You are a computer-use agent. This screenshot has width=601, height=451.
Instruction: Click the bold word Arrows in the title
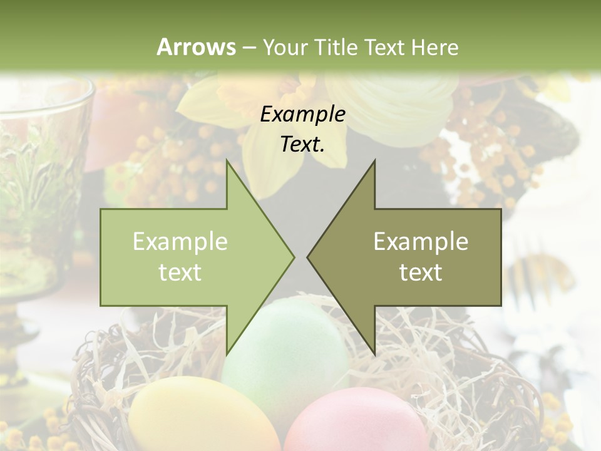pos(197,47)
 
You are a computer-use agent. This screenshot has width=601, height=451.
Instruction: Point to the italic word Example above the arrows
pos(302,115)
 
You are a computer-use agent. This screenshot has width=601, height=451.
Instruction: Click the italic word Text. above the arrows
pos(302,145)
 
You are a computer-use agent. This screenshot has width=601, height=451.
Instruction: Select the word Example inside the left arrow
pos(180,242)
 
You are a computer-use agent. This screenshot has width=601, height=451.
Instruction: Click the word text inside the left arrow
pos(180,272)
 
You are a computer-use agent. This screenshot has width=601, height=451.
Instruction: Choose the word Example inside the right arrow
pos(421,242)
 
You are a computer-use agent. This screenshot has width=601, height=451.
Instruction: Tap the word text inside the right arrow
pos(421,272)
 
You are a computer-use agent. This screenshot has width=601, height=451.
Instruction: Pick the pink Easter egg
pos(357,420)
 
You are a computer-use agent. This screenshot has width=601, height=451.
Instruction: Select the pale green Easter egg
pos(285,351)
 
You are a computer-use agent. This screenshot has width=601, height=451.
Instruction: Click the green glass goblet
pos(38,188)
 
